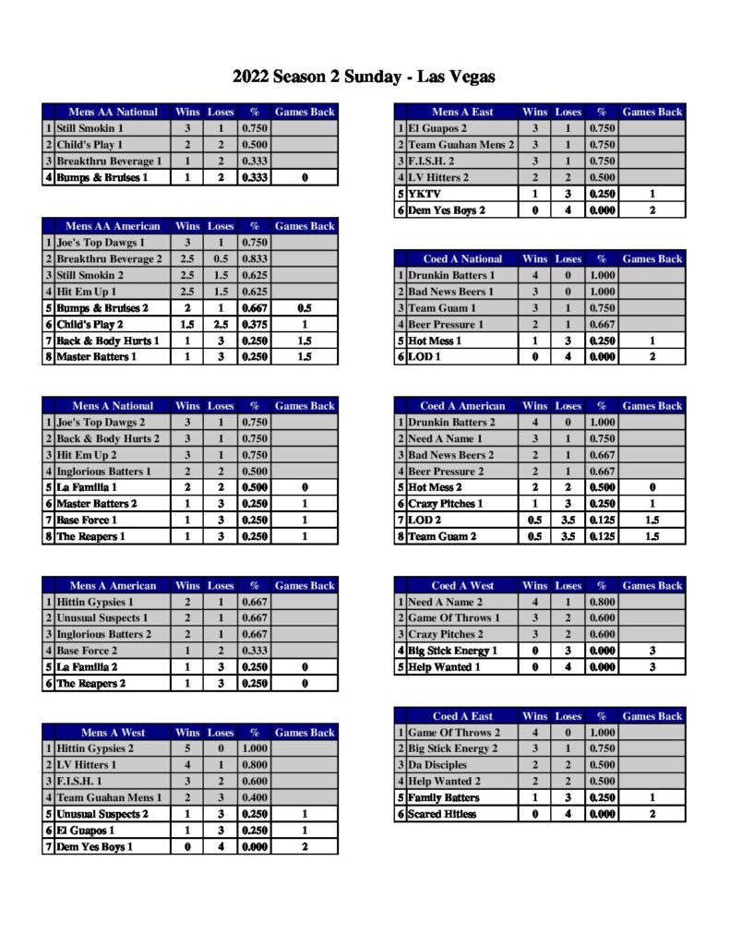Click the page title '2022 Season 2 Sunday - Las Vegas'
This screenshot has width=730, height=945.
(365, 77)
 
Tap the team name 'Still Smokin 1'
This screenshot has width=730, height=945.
(90, 129)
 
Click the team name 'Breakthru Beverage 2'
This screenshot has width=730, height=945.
(109, 259)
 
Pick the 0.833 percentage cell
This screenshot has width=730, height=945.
(255, 259)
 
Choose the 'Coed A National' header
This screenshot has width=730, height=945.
(462, 259)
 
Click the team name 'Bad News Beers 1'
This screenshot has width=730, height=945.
(451, 292)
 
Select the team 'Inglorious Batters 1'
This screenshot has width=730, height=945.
(103, 472)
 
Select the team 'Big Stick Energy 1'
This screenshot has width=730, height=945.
(453, 651)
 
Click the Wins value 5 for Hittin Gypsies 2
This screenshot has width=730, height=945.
(187, 749)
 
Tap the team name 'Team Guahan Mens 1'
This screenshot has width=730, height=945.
(108, 798)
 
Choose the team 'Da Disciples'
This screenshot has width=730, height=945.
(437, 765)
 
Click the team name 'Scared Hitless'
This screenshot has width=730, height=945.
(442, 814)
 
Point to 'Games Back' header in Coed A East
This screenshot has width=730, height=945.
(652, 716)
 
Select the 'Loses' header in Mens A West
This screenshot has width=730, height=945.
(221, 733)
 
